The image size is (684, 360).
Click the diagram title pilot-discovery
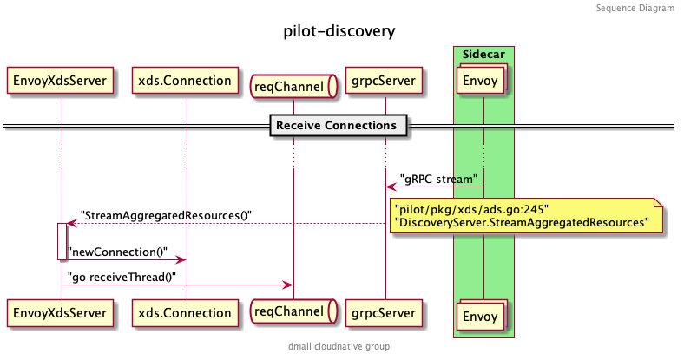339,32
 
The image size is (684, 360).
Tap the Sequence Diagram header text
635,8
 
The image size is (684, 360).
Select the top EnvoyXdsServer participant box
61,82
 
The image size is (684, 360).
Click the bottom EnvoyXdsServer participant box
61,312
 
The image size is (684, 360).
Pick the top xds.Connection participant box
186,82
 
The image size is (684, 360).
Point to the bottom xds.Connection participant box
186,312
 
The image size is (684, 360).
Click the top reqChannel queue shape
293,85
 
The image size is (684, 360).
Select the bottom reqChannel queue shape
293,312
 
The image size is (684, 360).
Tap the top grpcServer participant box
385,82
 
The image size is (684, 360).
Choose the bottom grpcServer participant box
385,312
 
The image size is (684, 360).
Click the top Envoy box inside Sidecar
483,82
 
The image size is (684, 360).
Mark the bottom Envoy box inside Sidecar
483,315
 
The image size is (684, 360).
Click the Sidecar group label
483,54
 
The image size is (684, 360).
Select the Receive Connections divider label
336,127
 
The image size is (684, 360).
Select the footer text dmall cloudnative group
339,346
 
